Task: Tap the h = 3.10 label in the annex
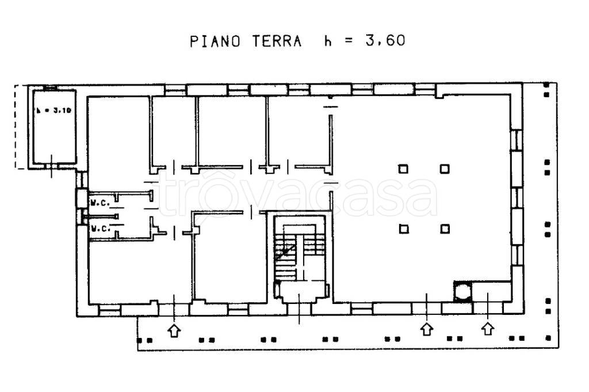pos(52,111)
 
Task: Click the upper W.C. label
pos(100,202)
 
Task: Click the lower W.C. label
pos(100,229)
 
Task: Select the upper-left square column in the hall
pos(404,169)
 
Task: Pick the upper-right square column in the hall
pos(445,169)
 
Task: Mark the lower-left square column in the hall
pos(404,229)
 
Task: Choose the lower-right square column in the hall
pos(445,229)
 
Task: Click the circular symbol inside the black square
pos(462,292)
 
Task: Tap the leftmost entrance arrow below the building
pos(174,330)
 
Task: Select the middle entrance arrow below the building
pos(426,329)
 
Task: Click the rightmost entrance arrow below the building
pos(488,329)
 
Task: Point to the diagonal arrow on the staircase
pos(285,249)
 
